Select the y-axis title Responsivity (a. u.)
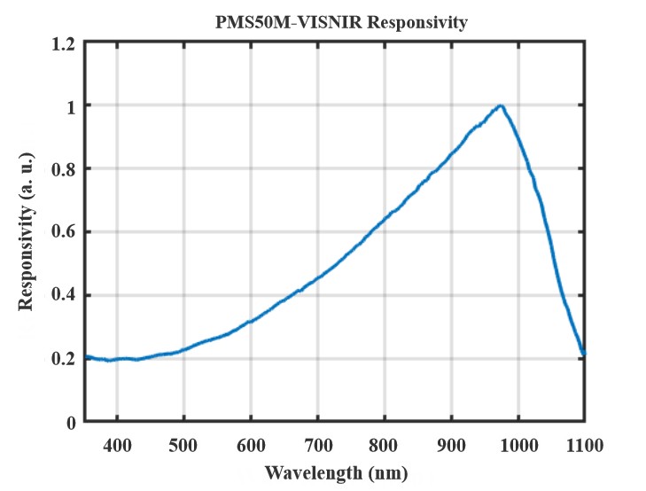click(27, 231)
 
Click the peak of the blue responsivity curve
click(502, 105)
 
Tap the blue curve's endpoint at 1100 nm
click(585, 353)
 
